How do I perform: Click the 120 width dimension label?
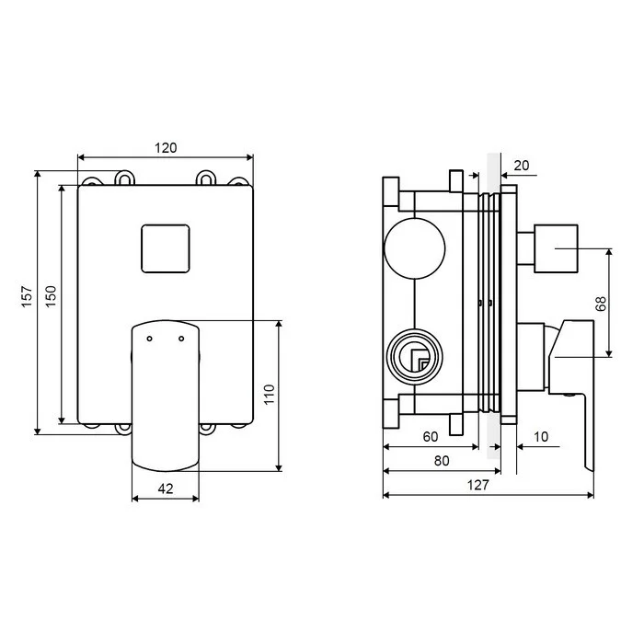click(x=166, y=148)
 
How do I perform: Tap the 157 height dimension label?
click(x=27, y=296)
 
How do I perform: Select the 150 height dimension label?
click(x=51, y=296)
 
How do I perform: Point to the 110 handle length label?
click(x=269, y=395)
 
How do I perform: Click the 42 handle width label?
click(x=166, y=489)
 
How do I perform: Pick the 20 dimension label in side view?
click(x=522, y=166)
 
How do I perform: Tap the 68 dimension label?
click(x=601, y=304)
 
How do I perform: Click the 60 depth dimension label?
click(x=431, y=437)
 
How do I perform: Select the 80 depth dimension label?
click(x=442, y=461)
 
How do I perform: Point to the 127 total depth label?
click(x=478, y=485)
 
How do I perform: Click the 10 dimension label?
click(x=541, y=437)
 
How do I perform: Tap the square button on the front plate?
click(x=166, y=248)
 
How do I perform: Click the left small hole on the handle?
click(x=149, y=339)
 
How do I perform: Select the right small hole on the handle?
click(x=181, y=339)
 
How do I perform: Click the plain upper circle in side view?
click(x=414, y=248)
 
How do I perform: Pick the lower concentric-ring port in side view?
click(x=415, y=356)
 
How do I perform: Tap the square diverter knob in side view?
click(x=556, y=248)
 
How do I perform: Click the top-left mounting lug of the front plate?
click(x=92, y=181)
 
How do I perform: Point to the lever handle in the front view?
click(x=166, y=396)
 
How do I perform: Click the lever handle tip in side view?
click(x=590, y=468)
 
